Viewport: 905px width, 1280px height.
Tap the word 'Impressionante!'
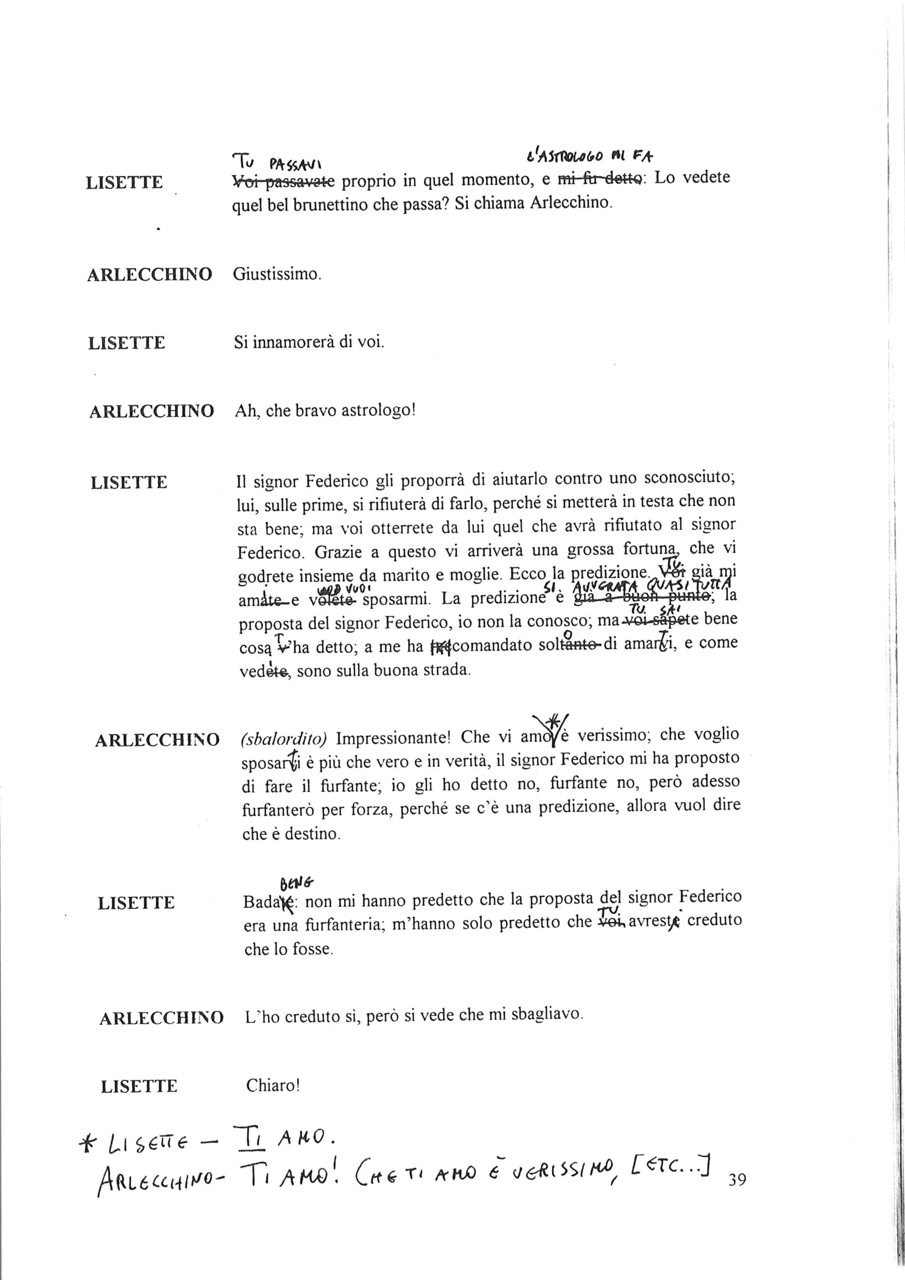[x=393, y=738]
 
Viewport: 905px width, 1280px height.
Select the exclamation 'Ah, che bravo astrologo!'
[x=326, y=412]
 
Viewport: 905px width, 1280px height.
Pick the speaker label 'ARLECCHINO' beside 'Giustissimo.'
[x=149, y=275]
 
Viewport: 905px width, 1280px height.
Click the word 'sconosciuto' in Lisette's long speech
[x=690, y=478]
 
